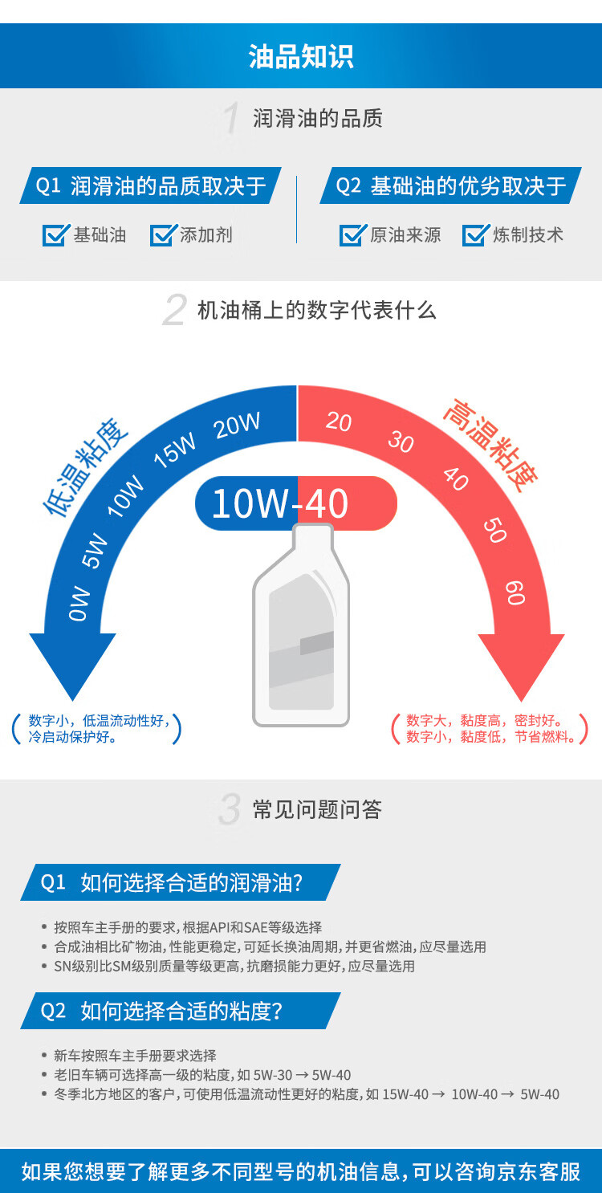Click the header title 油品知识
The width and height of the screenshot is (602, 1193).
(301, 57)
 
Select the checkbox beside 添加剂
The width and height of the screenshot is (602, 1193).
(164, 235)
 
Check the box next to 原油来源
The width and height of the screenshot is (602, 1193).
(352, 235)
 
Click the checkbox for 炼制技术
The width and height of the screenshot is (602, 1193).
(475, 235)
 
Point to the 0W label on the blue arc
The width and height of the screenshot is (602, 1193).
(79, 603)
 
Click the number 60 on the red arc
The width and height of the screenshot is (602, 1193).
(515, 592)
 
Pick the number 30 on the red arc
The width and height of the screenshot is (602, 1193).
(400, 441)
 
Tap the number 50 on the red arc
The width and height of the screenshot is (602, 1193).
(494, 530)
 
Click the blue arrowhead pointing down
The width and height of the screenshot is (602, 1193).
(72, 663)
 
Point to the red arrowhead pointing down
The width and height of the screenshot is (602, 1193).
(522, 663)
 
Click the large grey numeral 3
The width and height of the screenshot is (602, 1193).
(230, 810)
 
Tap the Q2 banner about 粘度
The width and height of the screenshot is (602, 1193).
(181, 1011)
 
